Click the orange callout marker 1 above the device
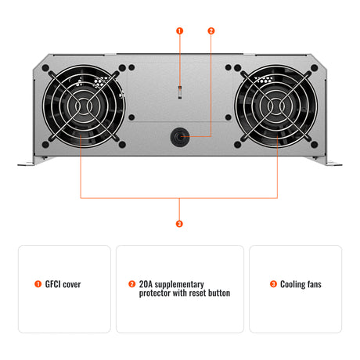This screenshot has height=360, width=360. (179, 31)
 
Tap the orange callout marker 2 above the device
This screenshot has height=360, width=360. (211, 31)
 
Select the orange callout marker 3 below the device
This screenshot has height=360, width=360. (179, 223)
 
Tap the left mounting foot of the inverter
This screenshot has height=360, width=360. (28, 161)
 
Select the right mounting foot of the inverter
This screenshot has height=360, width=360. (331, 161)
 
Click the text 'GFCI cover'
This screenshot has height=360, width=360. (63, 284)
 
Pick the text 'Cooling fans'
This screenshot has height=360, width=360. (301, 284)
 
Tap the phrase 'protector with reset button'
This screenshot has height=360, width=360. (185, 293)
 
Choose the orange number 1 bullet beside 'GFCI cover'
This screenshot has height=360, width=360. (38, 284)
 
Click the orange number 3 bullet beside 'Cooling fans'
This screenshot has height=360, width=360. (273, 284)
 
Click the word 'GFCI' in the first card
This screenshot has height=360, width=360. (53, 284)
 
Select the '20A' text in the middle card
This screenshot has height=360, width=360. (146, 284)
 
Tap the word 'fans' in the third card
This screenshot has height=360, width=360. (313, 284)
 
